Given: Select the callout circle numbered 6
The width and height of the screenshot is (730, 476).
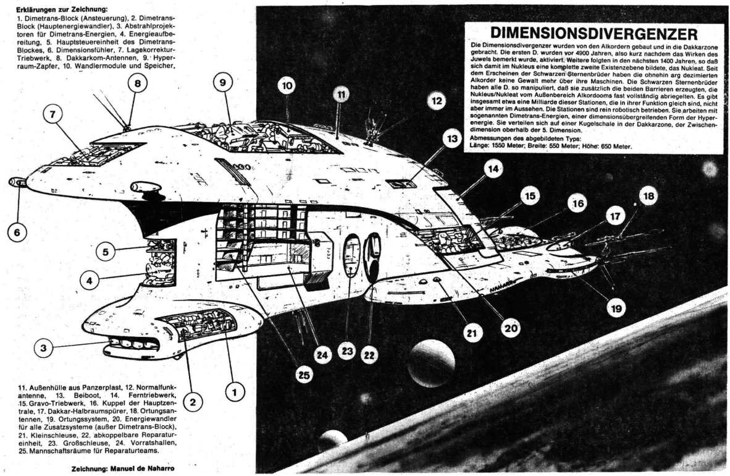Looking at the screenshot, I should pyautogui.click(x=17, y=232).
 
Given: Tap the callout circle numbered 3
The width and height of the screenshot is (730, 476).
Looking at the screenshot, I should pyautogui.click(x=43, y=348).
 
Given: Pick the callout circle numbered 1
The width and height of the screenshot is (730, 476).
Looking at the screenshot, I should pyautogui.click(x=234, y=391).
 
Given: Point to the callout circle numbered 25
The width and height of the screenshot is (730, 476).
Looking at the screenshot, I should pyautogui.click(x=304, y=375).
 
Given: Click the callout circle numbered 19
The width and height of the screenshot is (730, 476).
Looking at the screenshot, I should pyautogui.click(x=616, y=307).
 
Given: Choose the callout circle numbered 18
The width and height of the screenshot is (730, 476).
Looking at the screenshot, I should pyautogui.click(x=647, y=197).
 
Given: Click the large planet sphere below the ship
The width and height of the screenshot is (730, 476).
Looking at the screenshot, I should pyautogui.click(x=430, y=363).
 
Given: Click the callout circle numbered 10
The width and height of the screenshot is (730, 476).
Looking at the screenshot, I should pyautogui.click(x=285, y=87).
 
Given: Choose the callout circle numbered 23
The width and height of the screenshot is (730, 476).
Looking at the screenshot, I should pyautogui.click(x=348, y=352).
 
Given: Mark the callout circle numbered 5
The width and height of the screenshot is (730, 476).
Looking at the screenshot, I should pyautogui.click(x=106, y=252).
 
